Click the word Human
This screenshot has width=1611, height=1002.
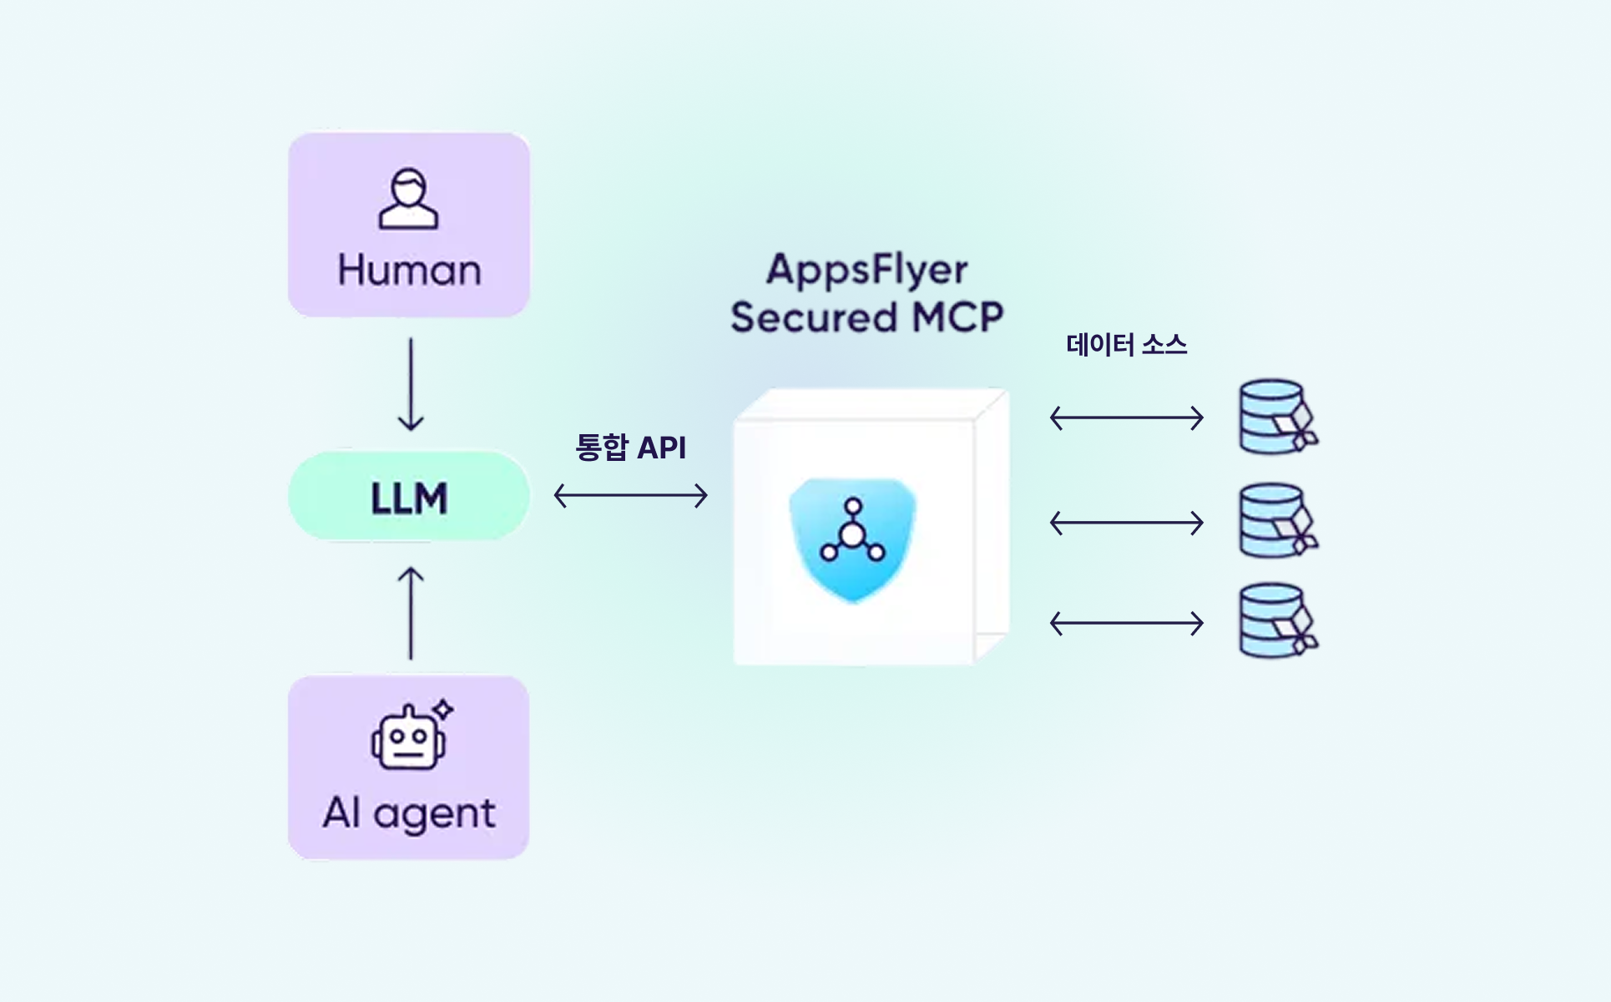click(x=409, y=271)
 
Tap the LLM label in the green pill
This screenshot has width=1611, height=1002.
click(x=409, y=498)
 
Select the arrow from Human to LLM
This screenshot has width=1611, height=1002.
click(x=411, y=384)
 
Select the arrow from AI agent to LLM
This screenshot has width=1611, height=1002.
click(x=411, y=614)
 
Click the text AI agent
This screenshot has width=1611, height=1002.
click(x=409, y=812)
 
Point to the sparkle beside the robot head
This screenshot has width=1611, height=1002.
click(x=443, y=710)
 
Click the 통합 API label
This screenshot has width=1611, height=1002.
click(x=630, y=448)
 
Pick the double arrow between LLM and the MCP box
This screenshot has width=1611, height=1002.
click(x=630, y=496)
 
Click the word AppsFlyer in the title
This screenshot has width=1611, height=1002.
click(x=867, y=270)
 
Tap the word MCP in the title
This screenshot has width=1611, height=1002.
click(x=957, y=317)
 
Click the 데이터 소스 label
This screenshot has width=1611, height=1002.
click(x=1126, y=345)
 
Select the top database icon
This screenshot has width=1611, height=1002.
click(x=1275, y=417)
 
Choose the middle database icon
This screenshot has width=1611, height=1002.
click(x=1275, y=521)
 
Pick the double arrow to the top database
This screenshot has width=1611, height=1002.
click(x=1126, y=417)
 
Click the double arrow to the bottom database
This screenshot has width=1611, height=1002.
click(x=1126, y=623)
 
